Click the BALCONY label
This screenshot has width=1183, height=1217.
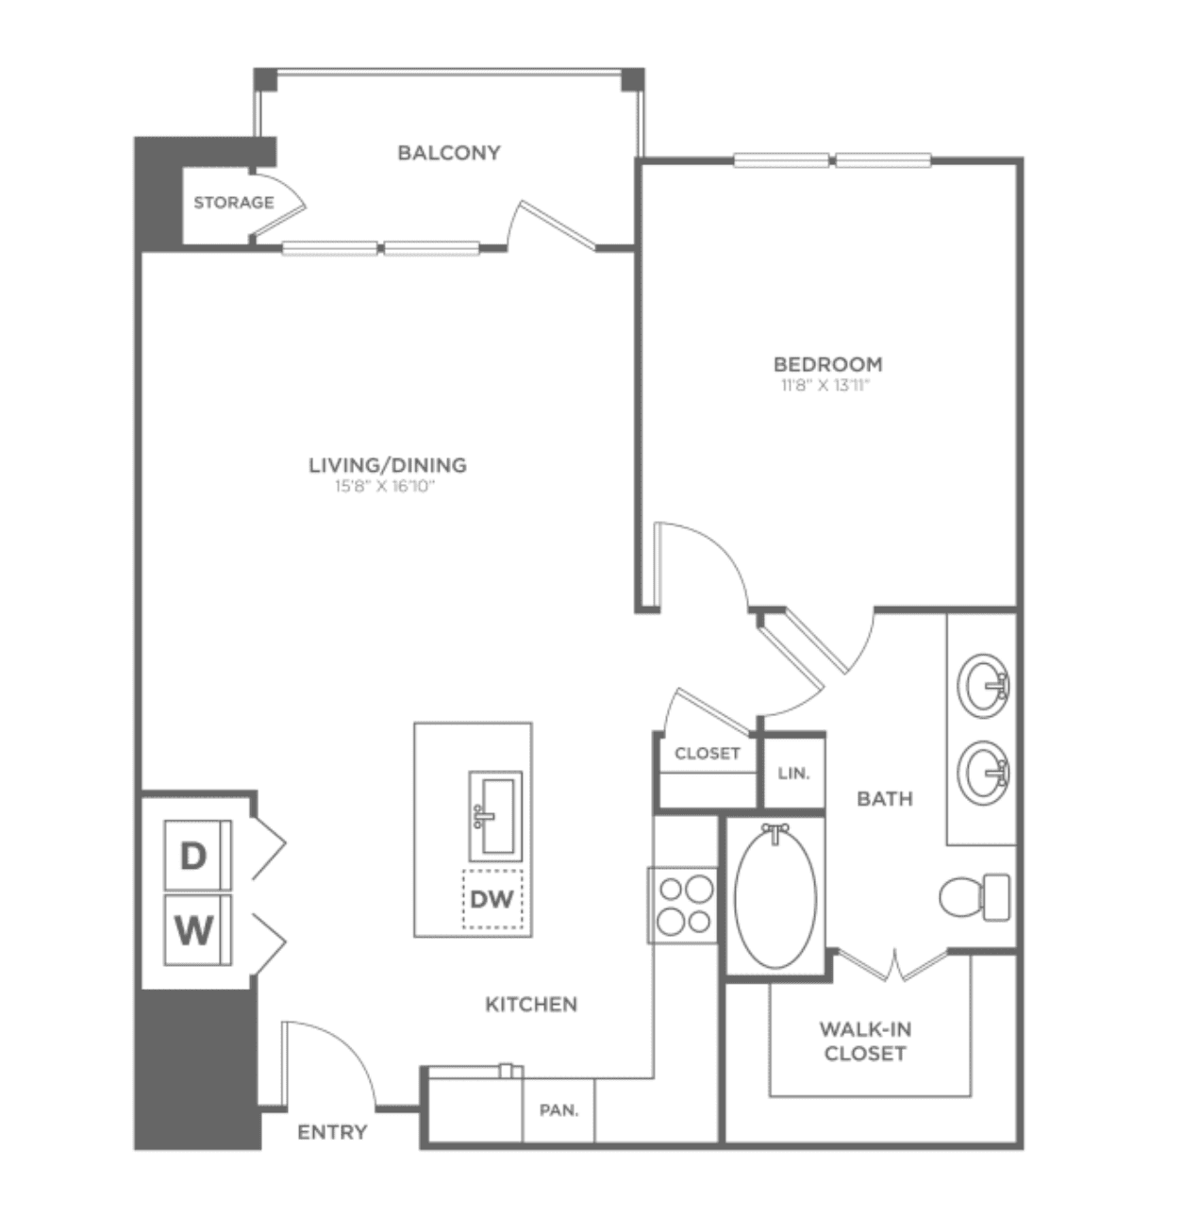click(449, 153)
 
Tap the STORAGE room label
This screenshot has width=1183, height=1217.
click(234, 203)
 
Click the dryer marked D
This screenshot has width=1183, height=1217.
click(197, 855)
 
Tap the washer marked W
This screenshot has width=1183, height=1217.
click(197, 930)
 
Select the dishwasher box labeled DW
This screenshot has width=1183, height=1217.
click(492, 899)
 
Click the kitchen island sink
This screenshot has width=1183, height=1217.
click(495, 815)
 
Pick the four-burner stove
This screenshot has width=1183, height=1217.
click(682, 905)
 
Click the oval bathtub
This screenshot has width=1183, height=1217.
click(775, 897)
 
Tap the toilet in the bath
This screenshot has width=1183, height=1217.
click(975, 897)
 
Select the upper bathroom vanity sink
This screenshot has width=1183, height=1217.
click(984, 686)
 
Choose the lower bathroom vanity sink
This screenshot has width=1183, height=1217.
click(984, 773)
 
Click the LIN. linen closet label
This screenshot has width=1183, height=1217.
click(793, 773)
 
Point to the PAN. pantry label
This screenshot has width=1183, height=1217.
click(559, 1110)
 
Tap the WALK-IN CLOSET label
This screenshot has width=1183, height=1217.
click(865, 1042)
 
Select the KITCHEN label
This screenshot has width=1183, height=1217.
click(531, 1005)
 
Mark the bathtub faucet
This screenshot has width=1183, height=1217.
click(775, 832)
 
